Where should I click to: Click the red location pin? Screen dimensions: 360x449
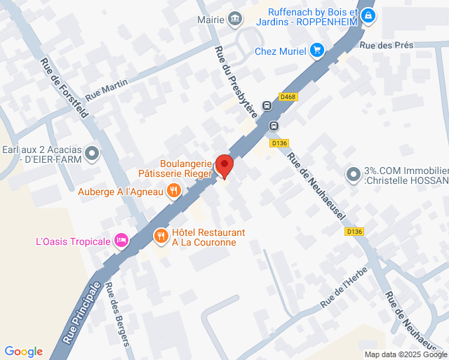click(224, 166)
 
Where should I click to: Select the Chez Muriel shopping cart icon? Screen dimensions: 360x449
click(317, 50)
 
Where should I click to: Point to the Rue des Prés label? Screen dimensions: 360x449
click(387, 45)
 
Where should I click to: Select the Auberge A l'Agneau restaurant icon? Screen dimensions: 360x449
click(175, 190)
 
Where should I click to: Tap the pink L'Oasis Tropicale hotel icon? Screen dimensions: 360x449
click(121, 241)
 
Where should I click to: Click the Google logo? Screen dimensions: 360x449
click(23, 351)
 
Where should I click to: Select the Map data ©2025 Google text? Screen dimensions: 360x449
click(405, 354)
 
